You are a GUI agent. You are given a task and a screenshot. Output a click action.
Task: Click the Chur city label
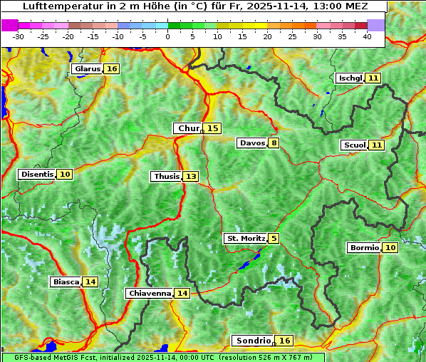(189, 128)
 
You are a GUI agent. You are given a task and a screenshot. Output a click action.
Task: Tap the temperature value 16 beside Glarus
(112, 68)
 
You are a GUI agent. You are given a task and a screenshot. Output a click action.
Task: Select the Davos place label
(252, 143)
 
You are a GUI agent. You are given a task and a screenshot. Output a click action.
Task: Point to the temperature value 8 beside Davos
(274, 143)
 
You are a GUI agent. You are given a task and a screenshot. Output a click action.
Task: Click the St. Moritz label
(245, 238)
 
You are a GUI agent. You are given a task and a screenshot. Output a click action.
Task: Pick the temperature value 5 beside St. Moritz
(274, 238)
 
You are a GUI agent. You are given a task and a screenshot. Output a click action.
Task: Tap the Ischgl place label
(350, 78)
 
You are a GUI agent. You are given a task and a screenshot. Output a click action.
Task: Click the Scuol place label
(354, 145)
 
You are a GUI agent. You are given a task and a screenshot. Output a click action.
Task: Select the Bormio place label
(363, 247)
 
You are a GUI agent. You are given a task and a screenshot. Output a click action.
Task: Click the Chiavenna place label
(149, 293)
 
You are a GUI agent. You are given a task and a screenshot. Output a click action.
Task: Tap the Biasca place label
(66, 281)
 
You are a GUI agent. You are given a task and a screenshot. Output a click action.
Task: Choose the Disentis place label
(37, 174)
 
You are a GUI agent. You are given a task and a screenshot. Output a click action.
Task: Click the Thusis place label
(166, 176)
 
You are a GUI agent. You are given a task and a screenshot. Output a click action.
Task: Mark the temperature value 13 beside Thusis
(191, 176)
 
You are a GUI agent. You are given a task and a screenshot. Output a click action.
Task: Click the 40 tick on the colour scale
(368, 36)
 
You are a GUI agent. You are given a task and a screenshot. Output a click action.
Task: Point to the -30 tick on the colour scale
(19, 36)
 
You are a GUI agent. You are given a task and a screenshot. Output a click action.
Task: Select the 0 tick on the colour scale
(168, 36)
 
